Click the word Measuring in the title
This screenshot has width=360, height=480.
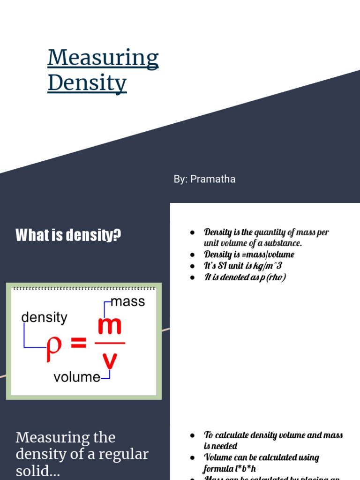click(x=103, y=58)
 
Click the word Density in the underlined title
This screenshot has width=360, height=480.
click(x=87, y=82)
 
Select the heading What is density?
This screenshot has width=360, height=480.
click(x=68, y=235)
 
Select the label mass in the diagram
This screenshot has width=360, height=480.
click(x=127, y=301)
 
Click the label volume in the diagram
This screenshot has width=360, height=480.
click(x=77, y=377)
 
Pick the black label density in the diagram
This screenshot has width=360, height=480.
click(x=45, y=317)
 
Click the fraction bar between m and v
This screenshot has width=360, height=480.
click(x=110, y=343)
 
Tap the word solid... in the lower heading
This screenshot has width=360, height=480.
click(x=37, y=471)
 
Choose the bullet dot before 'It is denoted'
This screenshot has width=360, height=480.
click(x=192, y=277)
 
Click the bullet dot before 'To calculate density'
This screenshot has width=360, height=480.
click(x=192, y=435)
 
